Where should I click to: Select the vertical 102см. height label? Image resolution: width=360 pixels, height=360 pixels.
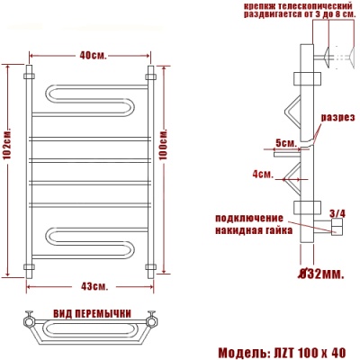[8, 145]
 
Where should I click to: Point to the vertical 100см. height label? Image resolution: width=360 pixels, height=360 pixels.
[164, 145]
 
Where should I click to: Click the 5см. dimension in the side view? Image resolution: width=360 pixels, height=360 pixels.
[286, 143]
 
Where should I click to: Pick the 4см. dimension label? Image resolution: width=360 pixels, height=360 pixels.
[263, 174]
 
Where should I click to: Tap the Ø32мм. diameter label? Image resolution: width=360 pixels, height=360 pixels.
[321, 274]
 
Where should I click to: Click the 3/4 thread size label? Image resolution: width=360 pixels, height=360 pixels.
[337, 213]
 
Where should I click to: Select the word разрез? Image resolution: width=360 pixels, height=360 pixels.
[338, 117]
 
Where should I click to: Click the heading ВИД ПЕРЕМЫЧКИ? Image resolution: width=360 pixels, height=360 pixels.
[93, 314]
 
